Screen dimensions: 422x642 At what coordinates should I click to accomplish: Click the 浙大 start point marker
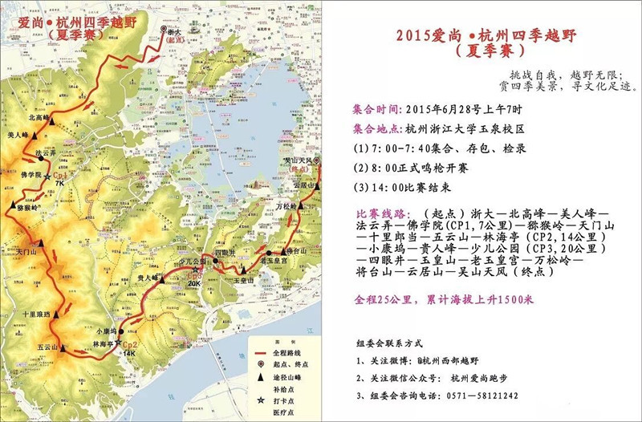164,30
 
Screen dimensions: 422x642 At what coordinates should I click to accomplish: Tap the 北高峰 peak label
39,117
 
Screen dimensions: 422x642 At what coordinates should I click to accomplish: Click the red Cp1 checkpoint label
60,174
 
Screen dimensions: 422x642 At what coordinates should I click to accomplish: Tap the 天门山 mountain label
27,252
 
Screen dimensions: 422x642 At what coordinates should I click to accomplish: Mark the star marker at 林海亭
117,343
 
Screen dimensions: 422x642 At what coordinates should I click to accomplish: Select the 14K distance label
129,354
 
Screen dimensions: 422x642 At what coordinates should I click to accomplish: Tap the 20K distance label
194,283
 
